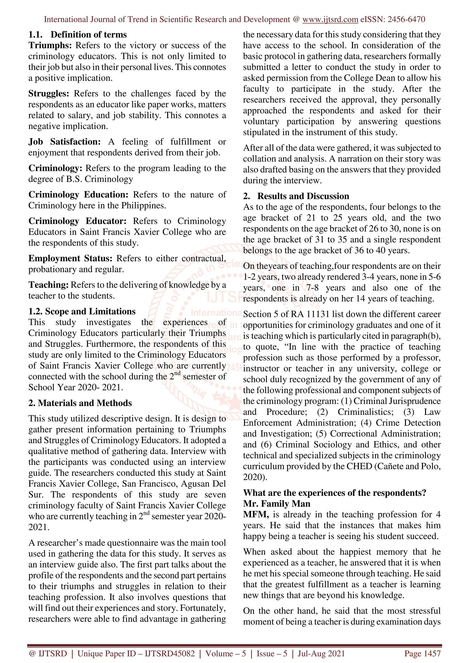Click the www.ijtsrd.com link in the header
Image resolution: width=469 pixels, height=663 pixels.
pos(330,19)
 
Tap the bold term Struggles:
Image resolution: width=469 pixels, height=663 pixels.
pos(49,94)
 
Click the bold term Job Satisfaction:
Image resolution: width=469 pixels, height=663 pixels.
pos(64,142)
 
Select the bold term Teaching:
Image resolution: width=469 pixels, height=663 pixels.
pos(48,285)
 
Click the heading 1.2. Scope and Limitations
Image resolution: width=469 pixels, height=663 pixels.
pos(82,311)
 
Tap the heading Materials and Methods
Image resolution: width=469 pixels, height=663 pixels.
pos(85,403)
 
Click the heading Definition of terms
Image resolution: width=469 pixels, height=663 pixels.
pos(88,35)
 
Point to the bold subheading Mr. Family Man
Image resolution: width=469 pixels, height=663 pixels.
pos(277,504)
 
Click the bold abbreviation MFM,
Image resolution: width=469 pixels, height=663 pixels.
pos(256,515)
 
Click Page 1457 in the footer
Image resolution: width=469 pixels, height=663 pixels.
pos(422,653)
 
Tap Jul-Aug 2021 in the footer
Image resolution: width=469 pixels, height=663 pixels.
pos(321,653)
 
